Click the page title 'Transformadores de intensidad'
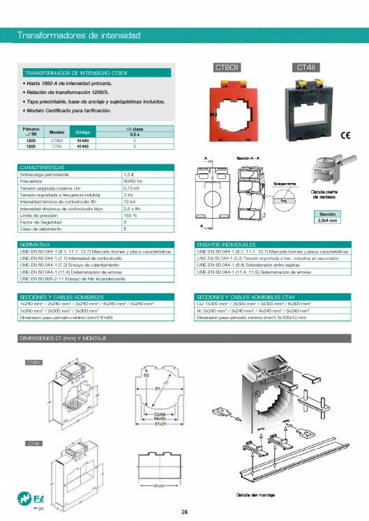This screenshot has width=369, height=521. click(x=78, y=35)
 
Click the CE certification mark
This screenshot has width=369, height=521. click(x=345, y=136)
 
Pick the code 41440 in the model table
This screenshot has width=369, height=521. click(x=83, y=141)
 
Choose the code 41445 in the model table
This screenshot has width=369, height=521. click(x=83, y=147)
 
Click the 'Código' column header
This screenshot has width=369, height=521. click(x=83, y=132)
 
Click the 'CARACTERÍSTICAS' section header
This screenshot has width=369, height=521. click(x=43, y=167)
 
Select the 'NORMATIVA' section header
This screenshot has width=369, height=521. click(x=34, y=244)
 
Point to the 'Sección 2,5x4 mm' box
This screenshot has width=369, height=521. click(x=328, y=217)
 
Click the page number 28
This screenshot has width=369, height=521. click(x=184, y=513)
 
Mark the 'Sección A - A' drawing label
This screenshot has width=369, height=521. click(x=248, y=159)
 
